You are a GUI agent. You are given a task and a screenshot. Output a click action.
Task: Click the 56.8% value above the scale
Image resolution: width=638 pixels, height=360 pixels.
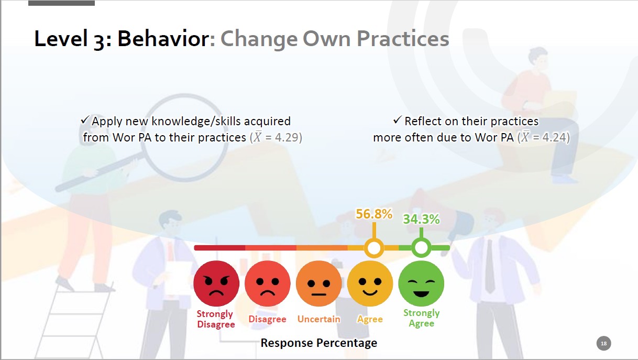374,214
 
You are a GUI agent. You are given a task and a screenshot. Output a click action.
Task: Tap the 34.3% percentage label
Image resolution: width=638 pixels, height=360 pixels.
421,219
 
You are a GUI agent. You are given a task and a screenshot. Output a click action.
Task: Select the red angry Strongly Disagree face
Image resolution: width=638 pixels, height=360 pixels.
216,283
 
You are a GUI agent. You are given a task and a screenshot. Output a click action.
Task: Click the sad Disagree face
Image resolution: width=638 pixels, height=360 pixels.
268,283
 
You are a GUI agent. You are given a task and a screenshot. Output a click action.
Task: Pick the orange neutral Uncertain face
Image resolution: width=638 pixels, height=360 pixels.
318,283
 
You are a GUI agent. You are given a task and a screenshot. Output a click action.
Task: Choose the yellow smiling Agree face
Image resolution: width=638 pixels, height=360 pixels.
370,283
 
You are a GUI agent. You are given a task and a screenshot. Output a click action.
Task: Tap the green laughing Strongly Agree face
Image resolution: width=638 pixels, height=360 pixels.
421,283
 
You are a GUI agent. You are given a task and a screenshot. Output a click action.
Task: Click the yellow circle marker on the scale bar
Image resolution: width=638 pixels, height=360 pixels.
374,248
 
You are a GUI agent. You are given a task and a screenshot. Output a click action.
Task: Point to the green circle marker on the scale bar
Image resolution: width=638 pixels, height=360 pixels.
421,248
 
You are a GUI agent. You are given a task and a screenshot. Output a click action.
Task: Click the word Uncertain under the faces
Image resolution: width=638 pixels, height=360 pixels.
318,319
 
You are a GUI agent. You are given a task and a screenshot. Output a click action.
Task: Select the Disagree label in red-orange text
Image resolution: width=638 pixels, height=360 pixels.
268,319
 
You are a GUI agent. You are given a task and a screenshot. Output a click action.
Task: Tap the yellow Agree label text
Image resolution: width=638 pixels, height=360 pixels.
370,319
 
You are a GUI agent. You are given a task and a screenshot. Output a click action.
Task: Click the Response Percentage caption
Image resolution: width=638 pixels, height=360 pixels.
318,343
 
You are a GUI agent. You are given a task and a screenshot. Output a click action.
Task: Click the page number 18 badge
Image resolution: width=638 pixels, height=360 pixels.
603,343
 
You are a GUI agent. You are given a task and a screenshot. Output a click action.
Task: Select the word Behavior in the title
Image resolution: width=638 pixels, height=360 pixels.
163,38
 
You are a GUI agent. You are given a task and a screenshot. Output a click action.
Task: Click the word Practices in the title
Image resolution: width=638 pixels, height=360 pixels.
403,38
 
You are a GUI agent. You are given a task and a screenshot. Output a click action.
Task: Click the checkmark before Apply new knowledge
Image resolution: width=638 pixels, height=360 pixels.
85,120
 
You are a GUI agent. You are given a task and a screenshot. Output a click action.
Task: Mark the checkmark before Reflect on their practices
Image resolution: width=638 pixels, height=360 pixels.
398,120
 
